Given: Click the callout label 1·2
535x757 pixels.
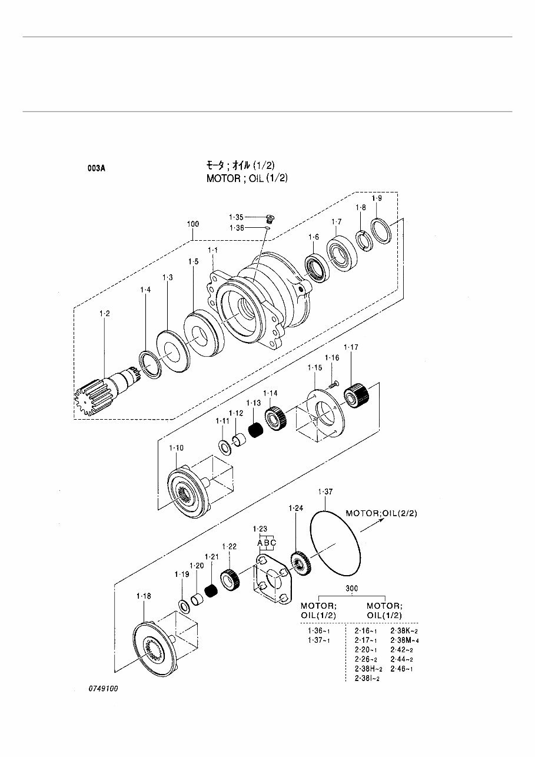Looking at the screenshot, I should pyautogui.click(x=104, y=314).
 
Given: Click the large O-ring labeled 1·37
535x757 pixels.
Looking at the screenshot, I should pyautogui.click(x=335, y=542).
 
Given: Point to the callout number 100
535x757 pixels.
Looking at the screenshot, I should pyautogui.click(x=192, y=224).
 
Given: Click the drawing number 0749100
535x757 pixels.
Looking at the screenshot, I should pyautogui.click(x=104, y=688).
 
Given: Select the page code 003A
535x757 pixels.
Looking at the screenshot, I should pyautogui.click(x=97, y=167).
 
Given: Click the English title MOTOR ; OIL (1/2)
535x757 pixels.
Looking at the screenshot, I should pyautogui.click(x=247, y=178).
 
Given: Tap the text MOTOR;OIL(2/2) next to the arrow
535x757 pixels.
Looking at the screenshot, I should pyautogui.click(x=381, y=513).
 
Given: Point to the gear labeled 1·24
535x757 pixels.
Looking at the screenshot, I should pyautogui.click(x=301, y=564).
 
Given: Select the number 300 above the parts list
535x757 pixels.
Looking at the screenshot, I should pyautogui.click(x=352, y=588).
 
